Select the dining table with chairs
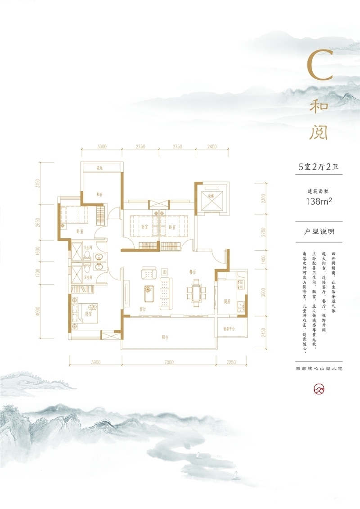click(x=195, y=292)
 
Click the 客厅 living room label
click(x=143, y=310)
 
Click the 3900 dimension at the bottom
click(x=95, y=362)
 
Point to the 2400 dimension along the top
click(x=212, y=147)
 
